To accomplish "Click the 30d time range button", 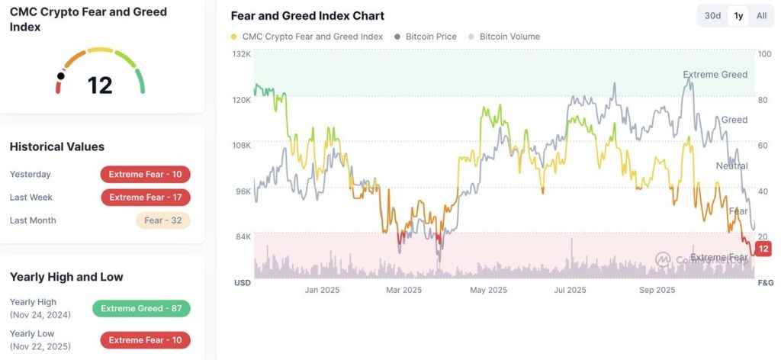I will tap(712, 16).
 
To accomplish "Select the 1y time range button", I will tap(738, 16).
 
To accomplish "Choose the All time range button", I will tap(761, 16).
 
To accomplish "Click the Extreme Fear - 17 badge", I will tap(145, 198).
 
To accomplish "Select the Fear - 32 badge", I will tap(162, 220).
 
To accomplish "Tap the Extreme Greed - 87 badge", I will tap(141, 309).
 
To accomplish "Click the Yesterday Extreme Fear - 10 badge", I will tap(145, 175).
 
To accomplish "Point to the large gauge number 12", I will tap(100, 85).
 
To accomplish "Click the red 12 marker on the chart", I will tap(764, 249).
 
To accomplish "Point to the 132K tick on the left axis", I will tap(242, 54).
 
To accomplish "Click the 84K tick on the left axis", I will tap(242, 236).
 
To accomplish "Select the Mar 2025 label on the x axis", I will tap(403, 290).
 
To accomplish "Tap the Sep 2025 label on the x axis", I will tap(657, 290).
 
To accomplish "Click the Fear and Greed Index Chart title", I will tap(307, 16).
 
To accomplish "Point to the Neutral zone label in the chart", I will tap(731, 166).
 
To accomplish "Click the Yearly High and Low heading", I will tap(66, 277).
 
